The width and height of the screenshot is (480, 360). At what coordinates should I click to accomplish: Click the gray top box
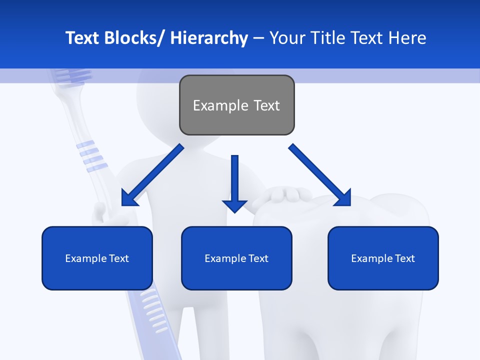coord(236,105)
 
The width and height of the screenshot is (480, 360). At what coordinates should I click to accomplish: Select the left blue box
coord(97,258)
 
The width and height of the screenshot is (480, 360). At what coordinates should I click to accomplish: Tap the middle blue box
coord(236,258)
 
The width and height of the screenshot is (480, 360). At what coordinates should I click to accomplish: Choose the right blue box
coord(383,258)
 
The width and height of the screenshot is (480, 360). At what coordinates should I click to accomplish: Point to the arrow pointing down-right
coord(320,175)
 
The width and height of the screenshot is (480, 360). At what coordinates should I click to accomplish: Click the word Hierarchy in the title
coord(209,38)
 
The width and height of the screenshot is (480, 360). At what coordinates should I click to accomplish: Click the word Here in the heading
coord(407,38)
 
